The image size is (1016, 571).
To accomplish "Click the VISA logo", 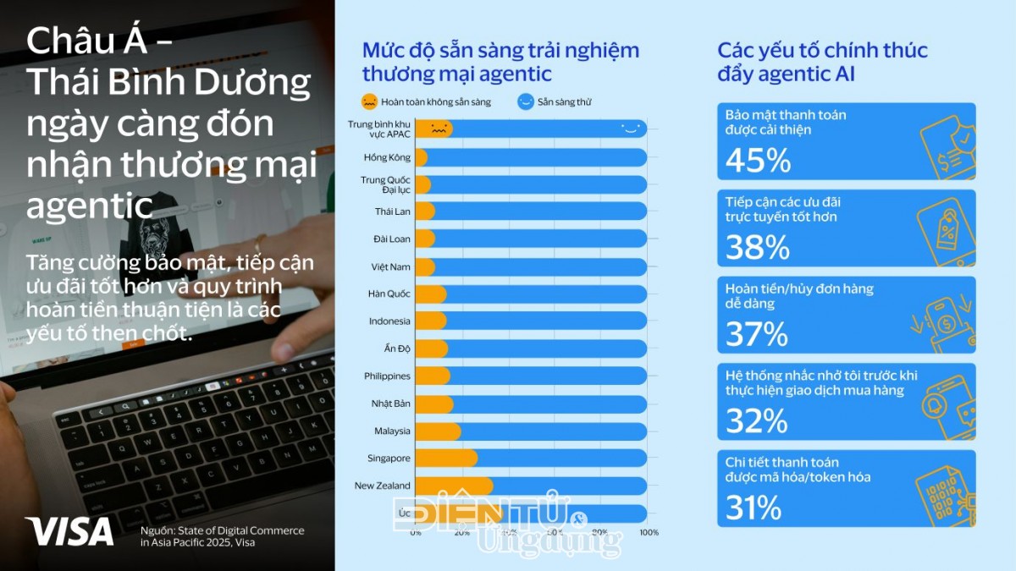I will [x=69, y=531].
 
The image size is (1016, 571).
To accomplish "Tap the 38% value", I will [x=758, y=246].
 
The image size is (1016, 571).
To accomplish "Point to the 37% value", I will [x=757, y=333].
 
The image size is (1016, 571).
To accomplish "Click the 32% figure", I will [x=757, y=420].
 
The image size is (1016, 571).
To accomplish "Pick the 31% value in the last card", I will [x=753, y=507].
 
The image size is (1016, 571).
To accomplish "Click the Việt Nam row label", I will [x=390, y=266].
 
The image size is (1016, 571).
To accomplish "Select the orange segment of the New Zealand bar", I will [x=454, y=486].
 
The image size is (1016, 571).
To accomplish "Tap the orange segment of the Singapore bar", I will [x=446, y=458].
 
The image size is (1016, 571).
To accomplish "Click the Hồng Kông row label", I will [x=387, y=157].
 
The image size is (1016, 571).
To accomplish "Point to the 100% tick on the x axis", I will [x=649, y=532].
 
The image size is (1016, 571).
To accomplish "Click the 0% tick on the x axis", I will [x=416, y=532].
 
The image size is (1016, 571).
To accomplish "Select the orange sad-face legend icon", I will [x=369, y=102].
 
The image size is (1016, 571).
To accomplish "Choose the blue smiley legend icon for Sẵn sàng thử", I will [x=525, y=102].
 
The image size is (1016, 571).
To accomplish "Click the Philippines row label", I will [x=387, y=376].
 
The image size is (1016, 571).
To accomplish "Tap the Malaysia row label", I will [x=392, y=431].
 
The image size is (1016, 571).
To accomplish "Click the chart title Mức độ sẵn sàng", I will [x=500, y=62].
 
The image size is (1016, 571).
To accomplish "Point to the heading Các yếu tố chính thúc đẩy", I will [x=822, y=62].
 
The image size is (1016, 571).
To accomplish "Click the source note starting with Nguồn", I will [x=222, y=536].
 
